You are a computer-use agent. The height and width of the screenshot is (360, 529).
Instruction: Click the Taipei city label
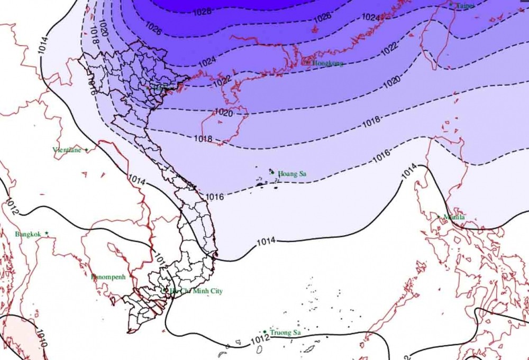(466, 5)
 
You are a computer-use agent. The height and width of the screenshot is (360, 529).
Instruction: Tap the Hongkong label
(327, 63)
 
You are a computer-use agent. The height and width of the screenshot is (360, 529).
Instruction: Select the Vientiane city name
(67, 150)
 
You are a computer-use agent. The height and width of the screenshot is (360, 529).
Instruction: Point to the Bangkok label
(28, 234)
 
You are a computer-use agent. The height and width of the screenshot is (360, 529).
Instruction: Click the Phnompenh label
(108, 276)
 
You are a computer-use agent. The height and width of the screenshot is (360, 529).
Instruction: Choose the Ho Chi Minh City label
(196, 291)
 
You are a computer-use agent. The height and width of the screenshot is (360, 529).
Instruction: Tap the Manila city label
(454, 217)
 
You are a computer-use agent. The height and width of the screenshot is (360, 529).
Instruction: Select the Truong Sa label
(285, 333)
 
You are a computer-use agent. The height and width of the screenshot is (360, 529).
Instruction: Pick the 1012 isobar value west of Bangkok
(11, 206)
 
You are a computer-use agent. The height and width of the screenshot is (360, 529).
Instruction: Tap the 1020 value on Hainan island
(224, 112)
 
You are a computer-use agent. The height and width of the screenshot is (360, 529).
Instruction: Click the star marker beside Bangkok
(47, 233)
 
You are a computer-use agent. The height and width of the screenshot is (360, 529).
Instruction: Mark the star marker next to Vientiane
(86, 150)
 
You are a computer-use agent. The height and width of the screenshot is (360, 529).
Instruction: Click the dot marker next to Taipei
(451, 4)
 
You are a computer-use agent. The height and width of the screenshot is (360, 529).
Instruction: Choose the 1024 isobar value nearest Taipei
(371, 17)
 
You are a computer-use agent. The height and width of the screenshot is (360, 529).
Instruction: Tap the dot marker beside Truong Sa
(264, 331)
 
